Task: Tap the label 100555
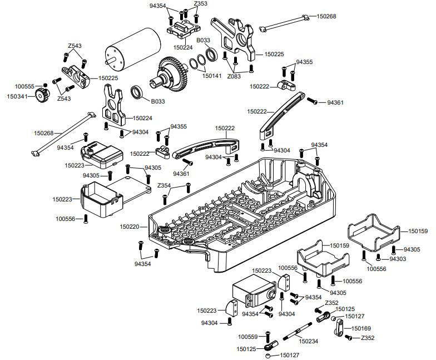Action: (x=24, y=86)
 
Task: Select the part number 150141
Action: (x=212, y=76)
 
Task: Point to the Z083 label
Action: (x=235, y=76)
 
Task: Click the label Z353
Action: (x=201, y=4)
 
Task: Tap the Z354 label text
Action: (x=164, y=185)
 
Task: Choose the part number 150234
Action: (x=309, y=341)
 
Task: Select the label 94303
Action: (x=397, y=259)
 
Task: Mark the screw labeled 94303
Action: (x=378, y=257)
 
